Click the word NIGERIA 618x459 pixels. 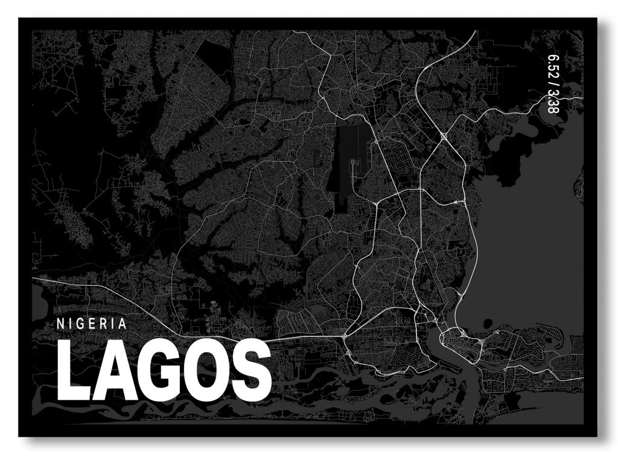click(92, 324)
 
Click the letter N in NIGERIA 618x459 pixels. click(60, 324)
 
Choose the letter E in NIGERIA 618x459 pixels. click(93, 324)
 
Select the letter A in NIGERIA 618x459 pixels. click(123, 324)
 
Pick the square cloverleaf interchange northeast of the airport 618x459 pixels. click(444, 138)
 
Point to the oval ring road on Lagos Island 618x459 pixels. click(462, 341)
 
